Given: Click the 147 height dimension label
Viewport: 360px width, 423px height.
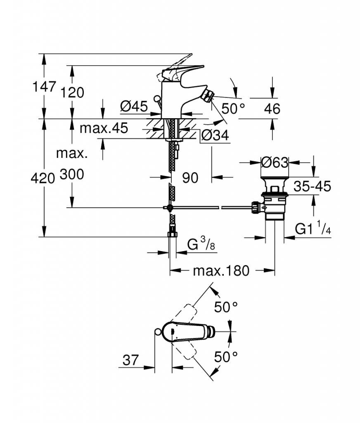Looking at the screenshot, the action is tap(44, 87).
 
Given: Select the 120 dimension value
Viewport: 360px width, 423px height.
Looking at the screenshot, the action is tap(72, 93).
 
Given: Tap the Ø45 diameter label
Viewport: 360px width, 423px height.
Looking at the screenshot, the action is tap(134, 106).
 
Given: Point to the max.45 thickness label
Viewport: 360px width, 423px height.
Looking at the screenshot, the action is tap(104, 128).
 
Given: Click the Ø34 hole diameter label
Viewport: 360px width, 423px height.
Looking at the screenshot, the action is tap(215, 135).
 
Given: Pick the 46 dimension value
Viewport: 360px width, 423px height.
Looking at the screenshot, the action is tap(272, 109).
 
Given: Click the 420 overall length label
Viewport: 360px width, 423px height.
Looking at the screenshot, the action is tap(43, 178).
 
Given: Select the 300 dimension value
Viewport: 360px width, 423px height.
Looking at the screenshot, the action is tap(72, 174).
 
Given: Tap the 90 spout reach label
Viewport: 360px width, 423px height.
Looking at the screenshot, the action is tap(190, 178).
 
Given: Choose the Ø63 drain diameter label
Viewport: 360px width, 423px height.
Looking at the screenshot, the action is tap(275, 162).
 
